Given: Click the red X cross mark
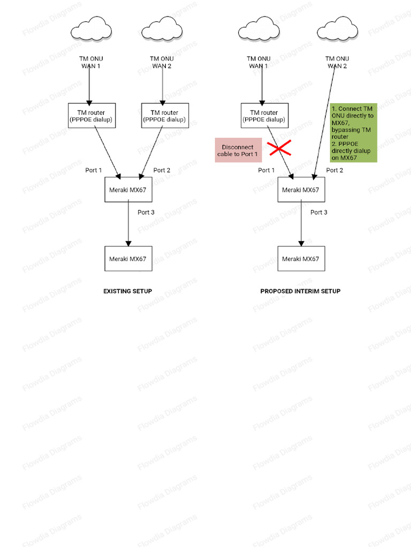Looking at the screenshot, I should tap(280, 148).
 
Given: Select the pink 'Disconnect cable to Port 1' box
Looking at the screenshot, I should tap(238, 150).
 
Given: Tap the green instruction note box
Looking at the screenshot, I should tap(353, 133).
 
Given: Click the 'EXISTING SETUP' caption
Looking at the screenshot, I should tap(127, 291).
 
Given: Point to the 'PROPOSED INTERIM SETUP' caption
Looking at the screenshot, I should tap(300, 291).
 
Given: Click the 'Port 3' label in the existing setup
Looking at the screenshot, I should tap(146, 213).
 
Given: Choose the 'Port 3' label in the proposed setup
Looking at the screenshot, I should tap(319, 213).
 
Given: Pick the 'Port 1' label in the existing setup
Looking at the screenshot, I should tap(94, 170).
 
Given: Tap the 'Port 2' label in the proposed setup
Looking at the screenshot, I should tap(335, 170).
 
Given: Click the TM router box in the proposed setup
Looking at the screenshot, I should tap(264, 116).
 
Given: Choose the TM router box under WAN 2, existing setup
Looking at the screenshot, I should tap(164, 116).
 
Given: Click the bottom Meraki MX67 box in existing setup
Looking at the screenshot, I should tap(128, 259).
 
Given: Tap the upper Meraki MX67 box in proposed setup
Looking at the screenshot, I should tap(301, 190).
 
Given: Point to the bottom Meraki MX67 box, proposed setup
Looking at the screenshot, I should tap(301, 259).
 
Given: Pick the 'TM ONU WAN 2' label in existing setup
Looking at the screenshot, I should tap(162, 62).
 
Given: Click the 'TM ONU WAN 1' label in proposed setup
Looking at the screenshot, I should tap(259, 62).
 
